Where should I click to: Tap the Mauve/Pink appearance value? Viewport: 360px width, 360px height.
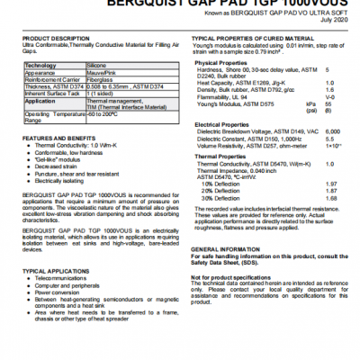coord(101,74)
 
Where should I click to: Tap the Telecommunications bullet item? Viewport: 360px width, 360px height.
coord(66,279)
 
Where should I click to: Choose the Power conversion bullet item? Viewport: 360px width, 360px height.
coord(63,292)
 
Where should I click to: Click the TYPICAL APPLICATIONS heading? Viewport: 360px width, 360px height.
coord(56,270)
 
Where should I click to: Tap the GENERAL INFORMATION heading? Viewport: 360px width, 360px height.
coord(229,248)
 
